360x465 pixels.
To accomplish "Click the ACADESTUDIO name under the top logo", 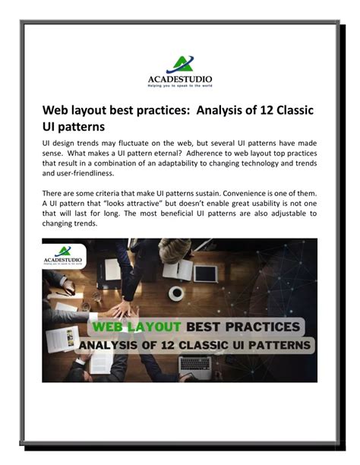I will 180,79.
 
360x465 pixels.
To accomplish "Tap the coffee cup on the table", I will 177,293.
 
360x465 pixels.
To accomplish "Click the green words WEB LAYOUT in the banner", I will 137,327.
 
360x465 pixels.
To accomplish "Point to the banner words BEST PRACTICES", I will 243,327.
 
